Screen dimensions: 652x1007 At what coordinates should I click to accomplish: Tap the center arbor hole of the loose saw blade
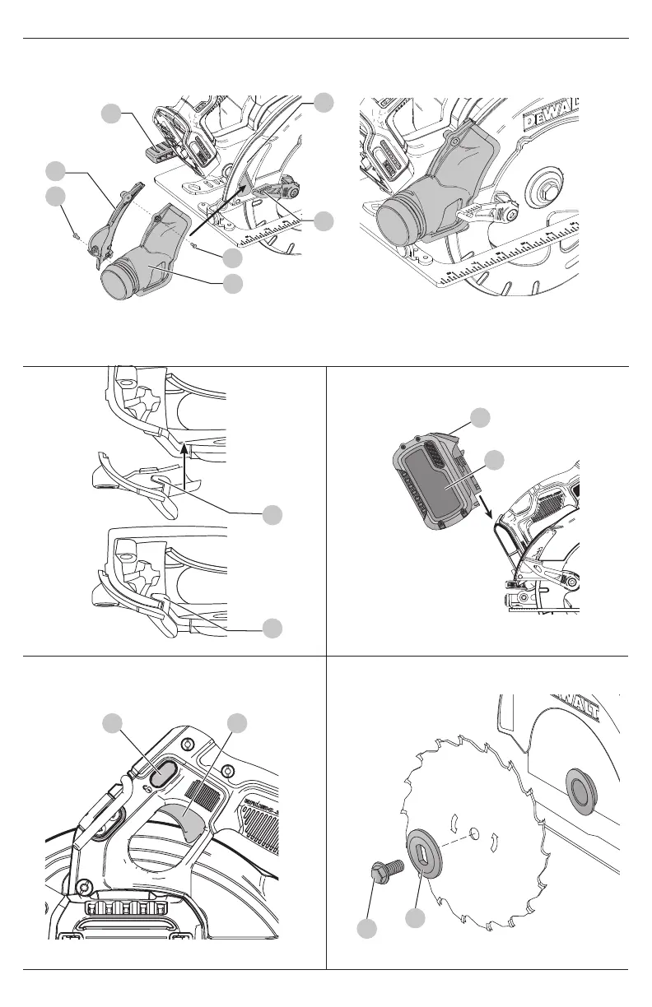click(x=474, y=833)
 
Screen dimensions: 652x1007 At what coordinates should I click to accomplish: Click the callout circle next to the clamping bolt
click(x=367, y=929)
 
